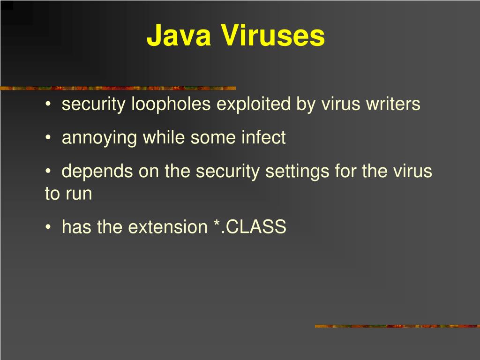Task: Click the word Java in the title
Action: [x=179, y=36]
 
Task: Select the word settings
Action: [x=297, y=172]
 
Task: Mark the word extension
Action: [x=167, y=227]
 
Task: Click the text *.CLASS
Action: [x=249, y=227]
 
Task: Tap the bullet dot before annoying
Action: [x=49, y=138]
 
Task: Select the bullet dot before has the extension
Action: [x=49, y=227]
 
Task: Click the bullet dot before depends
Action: [x=49, y=172]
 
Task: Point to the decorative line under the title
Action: [x=117, y=88]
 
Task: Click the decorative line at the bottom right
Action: [x=397, y=326]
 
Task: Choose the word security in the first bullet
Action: [x=94, y=104]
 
